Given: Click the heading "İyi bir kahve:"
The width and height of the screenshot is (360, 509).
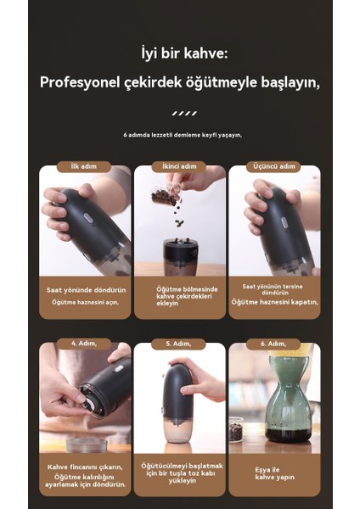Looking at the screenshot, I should [184, 54].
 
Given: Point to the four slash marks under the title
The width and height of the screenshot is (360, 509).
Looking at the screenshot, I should [184, 112].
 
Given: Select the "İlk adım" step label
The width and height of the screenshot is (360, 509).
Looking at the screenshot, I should [85, 166].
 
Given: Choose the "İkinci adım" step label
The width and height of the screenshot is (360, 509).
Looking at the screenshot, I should [180, 166].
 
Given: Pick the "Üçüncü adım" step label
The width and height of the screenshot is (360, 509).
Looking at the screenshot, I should [274, 166].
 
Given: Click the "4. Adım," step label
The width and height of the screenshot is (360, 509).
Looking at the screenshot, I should [85, 344].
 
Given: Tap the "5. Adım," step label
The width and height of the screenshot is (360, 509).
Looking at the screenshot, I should [180, 344].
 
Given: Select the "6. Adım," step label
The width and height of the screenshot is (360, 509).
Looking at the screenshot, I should [274, 344].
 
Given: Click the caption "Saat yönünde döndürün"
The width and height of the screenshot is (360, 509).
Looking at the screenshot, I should [85, 290].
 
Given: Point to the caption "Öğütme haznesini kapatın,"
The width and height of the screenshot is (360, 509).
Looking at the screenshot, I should [274, 301].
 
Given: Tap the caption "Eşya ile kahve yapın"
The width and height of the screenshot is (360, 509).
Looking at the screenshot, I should [274, 473].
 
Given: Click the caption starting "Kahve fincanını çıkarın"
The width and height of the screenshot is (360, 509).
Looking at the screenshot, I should [85, 467].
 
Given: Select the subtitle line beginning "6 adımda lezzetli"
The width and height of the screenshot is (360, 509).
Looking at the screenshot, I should [183, 135].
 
